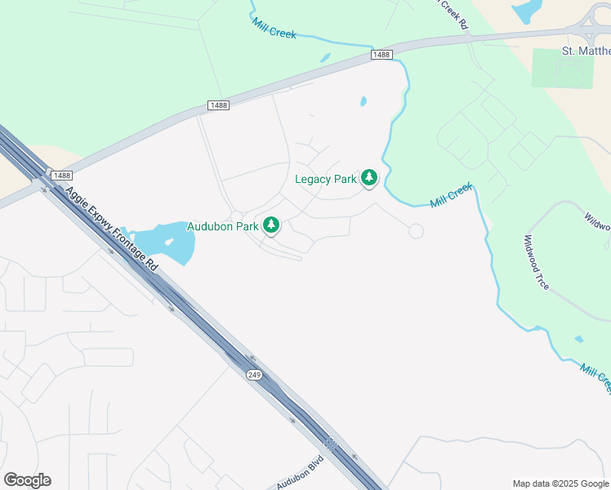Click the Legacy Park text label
[x=325, y=179]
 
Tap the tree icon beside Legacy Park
[x=369, y=176]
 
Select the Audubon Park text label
[x=222, y=226]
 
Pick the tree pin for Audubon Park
[x=270, y=225]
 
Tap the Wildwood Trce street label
[x=537, y=262]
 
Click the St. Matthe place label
[x=586, y=51]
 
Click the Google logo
[x=27, y=480]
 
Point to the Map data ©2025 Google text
[x=560, y=483]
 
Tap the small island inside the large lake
[x=169, y=243]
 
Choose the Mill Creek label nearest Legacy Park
[x=451, y=194]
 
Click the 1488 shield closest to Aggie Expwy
[x=60, y=176]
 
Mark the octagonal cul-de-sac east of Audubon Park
[x=416, y=231]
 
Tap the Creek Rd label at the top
[x=454, y=14]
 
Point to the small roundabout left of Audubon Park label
[x=236, y=216]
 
